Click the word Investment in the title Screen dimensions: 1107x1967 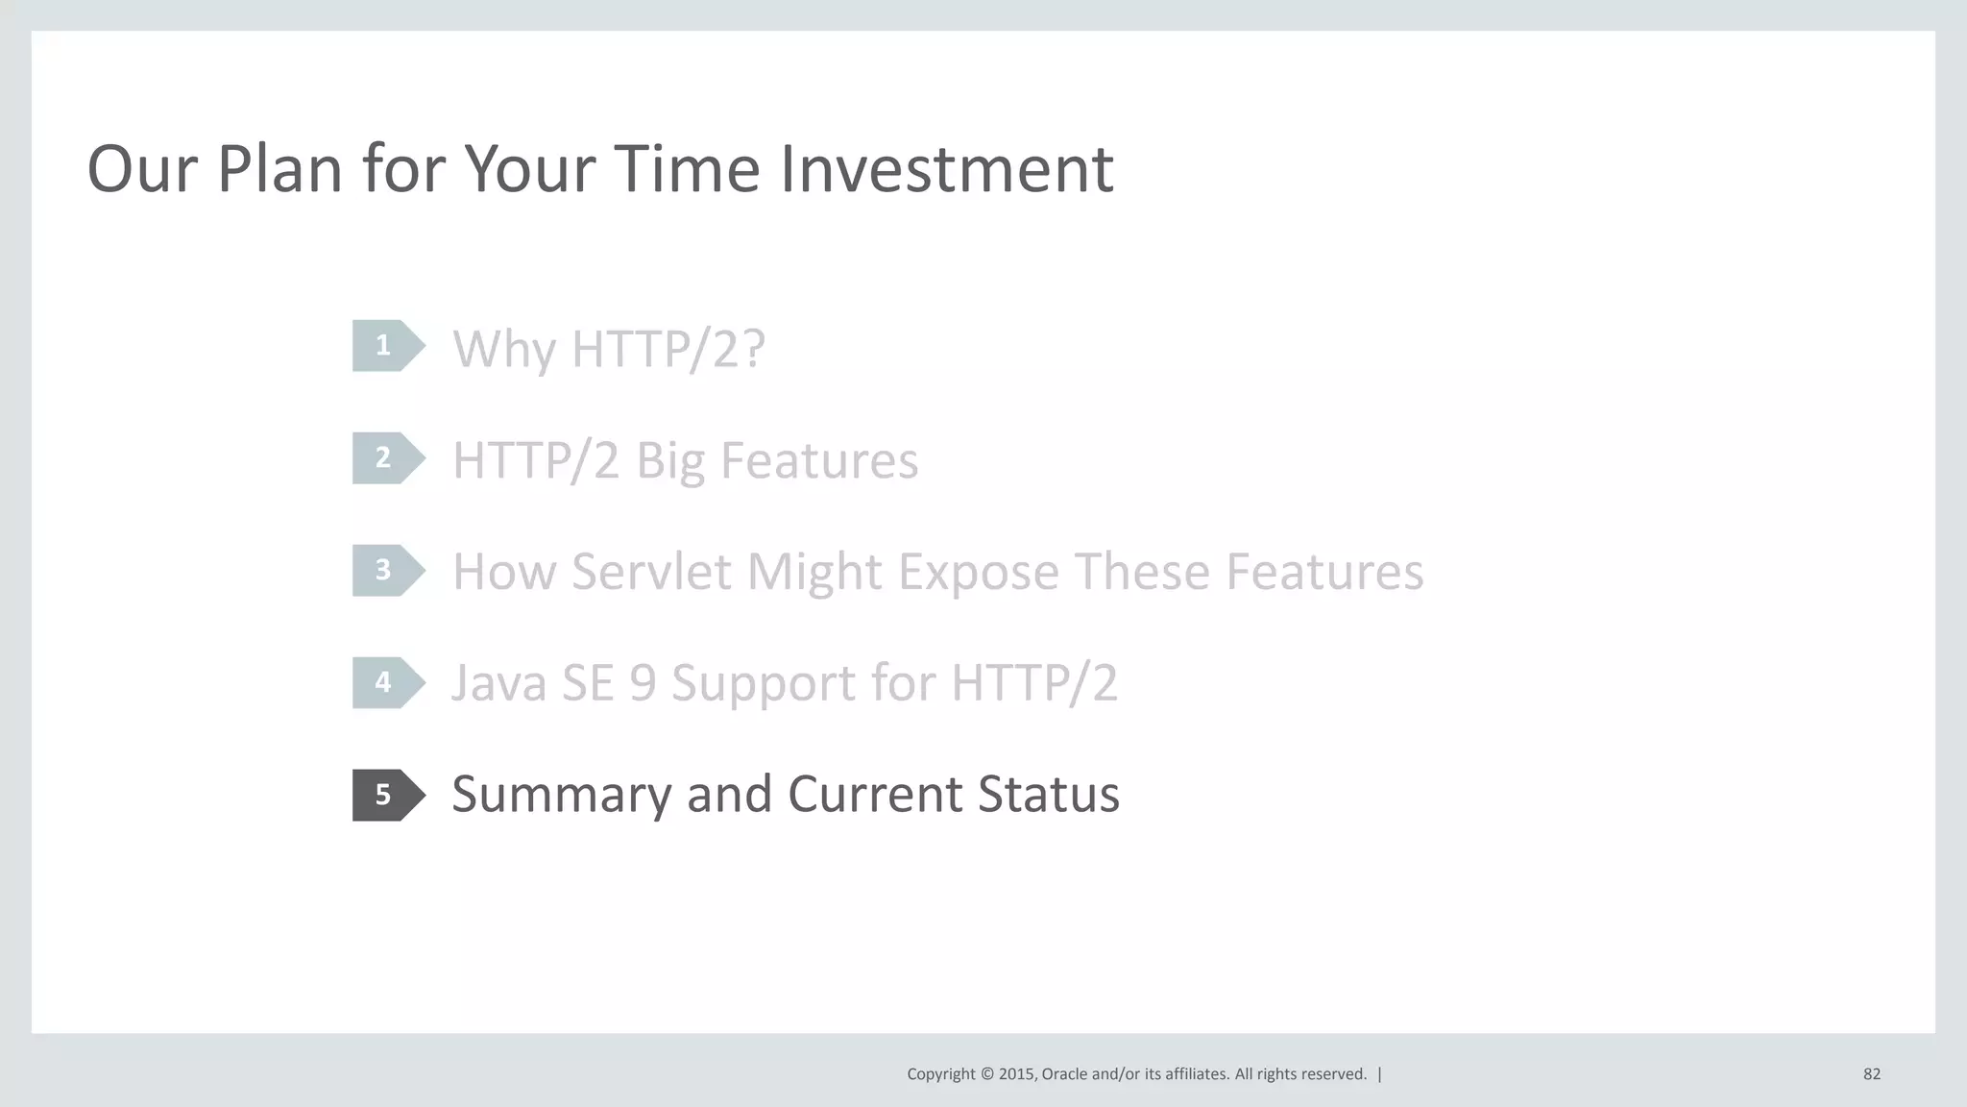point(946,169)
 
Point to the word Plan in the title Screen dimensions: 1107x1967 point(279,169)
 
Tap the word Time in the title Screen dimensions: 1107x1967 point(687,169)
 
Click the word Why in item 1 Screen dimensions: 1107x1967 point(505,350)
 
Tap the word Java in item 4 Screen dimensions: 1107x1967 point(498,683)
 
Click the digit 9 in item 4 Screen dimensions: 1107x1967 point(643,683)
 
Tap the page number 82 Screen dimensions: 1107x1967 point(1871,1074)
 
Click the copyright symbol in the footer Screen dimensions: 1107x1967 point(986,1074)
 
